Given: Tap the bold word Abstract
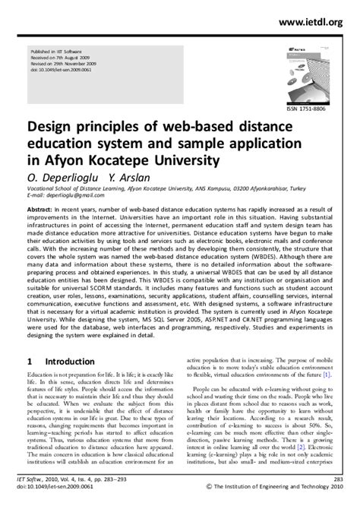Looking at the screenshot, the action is click(43, 207).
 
